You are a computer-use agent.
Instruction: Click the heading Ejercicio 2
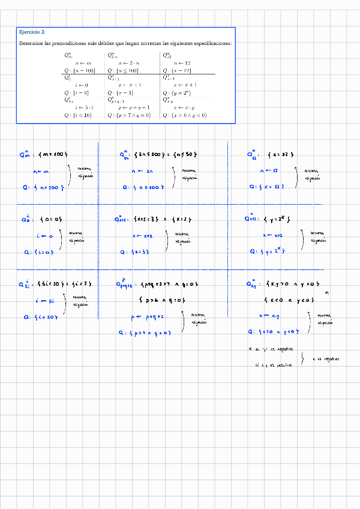click(x=32, y=32)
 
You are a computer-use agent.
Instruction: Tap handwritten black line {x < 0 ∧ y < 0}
click(x=287, y=300)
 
